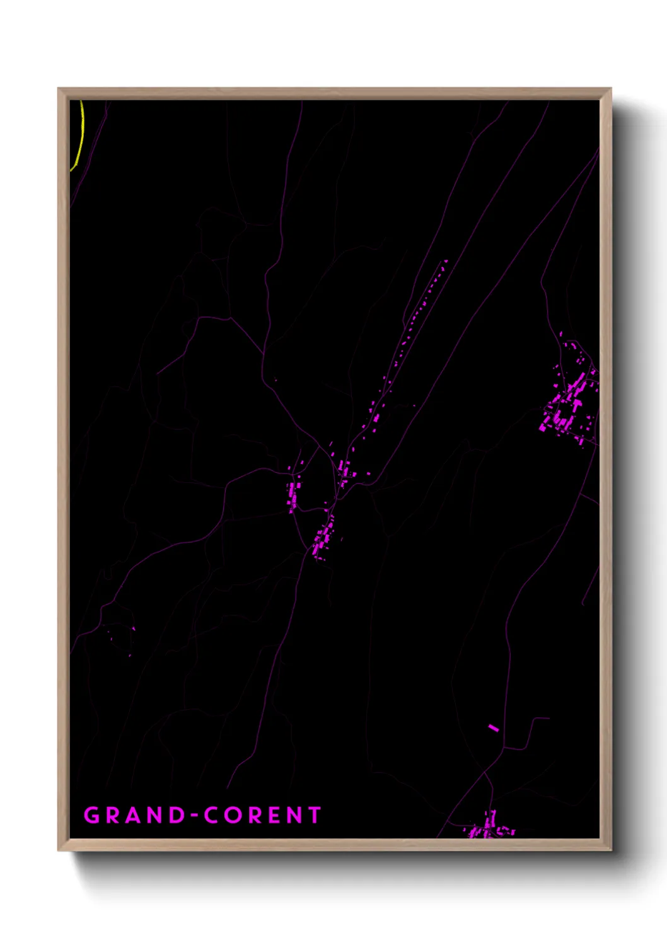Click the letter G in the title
tap(92, 815)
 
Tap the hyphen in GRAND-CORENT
tap(194, 816)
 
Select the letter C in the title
tap(212, 815)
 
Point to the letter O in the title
tap(234, 815)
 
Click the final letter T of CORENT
tap(314, 815)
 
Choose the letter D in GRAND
tap(175, 815)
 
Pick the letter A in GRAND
tap(134, 815)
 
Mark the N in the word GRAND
tap(154, 815)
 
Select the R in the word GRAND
tap(113, 815)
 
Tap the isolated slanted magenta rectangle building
tap(494, 728)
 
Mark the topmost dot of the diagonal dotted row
tap(446, 261)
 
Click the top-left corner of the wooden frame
tap(59, 90)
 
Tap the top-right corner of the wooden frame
tap(610, 90)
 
